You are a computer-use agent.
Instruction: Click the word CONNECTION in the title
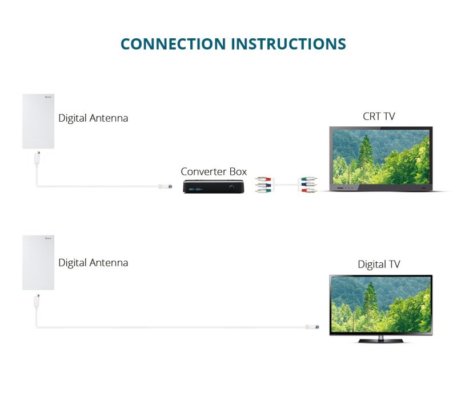coord(173,44)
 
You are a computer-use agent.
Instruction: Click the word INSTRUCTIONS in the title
coord(288,44)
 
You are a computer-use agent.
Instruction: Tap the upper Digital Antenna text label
coord(93,118)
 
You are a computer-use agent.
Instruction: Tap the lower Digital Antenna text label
coord(93,263)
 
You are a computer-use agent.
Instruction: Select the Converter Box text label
coord(214,171)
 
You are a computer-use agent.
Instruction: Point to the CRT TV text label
coord(379,117)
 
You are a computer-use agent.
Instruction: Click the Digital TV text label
coord(379,265)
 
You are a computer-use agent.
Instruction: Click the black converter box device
coord(214,187)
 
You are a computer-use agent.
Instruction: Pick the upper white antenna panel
coord(38,121)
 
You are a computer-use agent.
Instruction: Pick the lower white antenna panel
coord(38,263)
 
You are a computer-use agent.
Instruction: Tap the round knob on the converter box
coord(232,188)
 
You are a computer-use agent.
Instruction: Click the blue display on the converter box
coord(195,189)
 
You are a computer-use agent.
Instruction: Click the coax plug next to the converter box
coord(165,186)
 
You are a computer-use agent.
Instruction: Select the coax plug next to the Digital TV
coord(312,327)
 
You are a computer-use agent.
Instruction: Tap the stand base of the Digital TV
coord(380,340)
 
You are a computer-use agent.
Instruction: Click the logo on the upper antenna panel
coord(49,97)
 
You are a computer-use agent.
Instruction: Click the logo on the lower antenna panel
coord(49,238)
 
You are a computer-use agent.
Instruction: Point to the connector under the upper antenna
coord(37,158)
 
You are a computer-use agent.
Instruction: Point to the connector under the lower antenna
coord(37,301)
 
